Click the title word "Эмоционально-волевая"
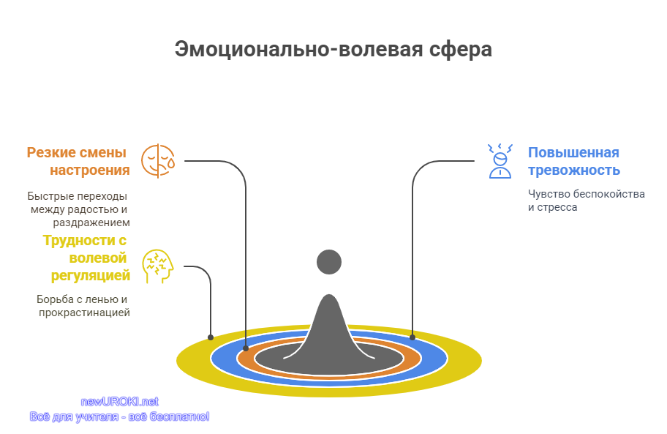[x=298, y=49]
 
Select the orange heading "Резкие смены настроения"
[x=78, y=161]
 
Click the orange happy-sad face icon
[x=158, y=161]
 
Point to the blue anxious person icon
[x=500, y=161]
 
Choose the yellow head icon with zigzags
[x=158, y=266]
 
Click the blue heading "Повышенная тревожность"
[x=574, y=161]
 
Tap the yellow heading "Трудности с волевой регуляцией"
[x=86, y=258]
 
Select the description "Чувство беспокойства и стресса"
[x=586, y=201]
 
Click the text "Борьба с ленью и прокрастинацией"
[x=83, y=306]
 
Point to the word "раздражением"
[x=91, y=222]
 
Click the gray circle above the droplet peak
[x=329, y=262]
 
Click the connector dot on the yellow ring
[x=211, y=337]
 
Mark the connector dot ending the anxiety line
[x=412, y=337]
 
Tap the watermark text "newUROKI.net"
[x=119, y=402]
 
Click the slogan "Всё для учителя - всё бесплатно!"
[x=119, y=416]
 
